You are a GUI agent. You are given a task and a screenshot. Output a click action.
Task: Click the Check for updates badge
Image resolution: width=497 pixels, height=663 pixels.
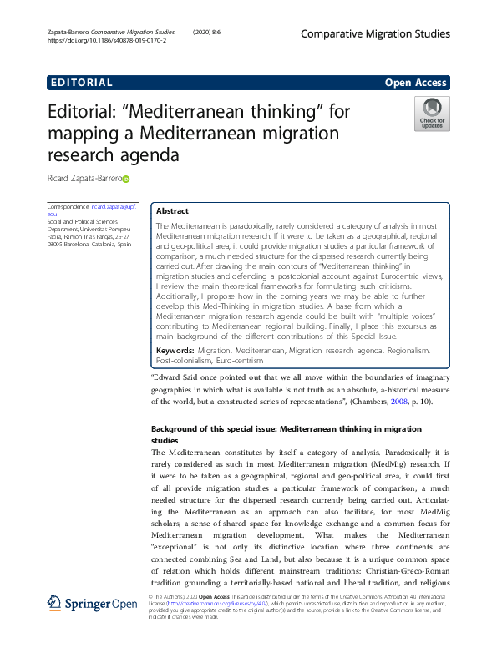click(x=432, y=114)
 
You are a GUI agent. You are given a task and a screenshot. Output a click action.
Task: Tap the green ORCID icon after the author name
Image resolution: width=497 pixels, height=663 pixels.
click(x=127, y=179)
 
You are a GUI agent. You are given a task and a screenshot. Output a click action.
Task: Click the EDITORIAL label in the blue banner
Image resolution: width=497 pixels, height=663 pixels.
click(x=81, y=83)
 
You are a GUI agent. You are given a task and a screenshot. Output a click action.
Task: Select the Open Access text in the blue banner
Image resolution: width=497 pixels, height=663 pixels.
click(x=416, y=83)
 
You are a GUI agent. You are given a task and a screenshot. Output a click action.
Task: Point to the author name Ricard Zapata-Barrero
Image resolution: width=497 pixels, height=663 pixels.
click(x=84, y=179)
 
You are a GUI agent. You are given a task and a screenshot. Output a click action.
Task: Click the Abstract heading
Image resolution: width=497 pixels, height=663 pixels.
click(x=173, y=211)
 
